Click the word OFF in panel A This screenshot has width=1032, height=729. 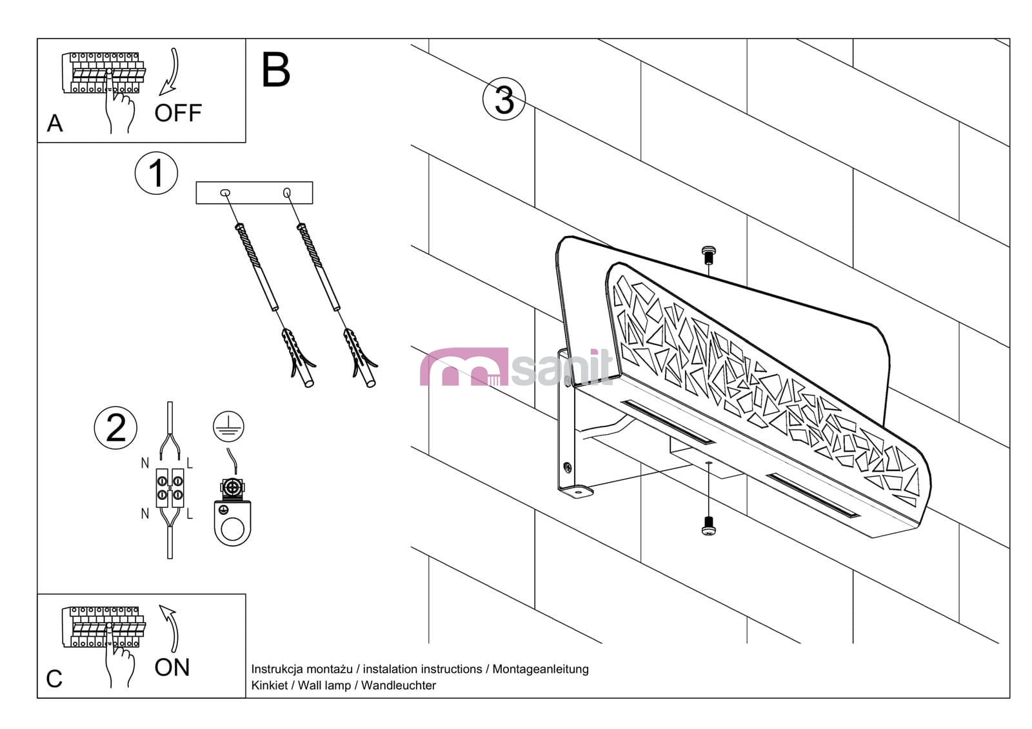pyautogui.click(x=178, y=113)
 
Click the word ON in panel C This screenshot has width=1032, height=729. pyautogui.click(x=172, y=667)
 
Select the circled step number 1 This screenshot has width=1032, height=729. pyautogui.click(x=156, y=173)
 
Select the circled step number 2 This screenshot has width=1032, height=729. pyautogui.click(x=116, y=428)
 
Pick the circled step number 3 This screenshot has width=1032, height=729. pyautogui.click(x=504, y=100)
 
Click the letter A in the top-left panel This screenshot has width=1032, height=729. pyautogui.click(x=55, y=123)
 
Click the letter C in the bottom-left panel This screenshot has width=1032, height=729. pyautogui.click(x=54, y=679)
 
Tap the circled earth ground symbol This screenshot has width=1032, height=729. pyautogui.click(x=229, y=426)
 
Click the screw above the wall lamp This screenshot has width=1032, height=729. pyautogui.click(x=708, y=255)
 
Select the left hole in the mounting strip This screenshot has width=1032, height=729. pyautogui.click(x=224, y=192)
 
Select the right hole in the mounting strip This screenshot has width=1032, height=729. pyautogui.click(x=286, y=192)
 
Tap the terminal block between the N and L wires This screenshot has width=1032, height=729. pyautogui.click(x=170, y=488)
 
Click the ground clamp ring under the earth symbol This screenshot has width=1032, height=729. pyautogui.click(x=232, y=523)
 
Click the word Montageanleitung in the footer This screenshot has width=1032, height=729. pyautogui.click(x=541, y=669)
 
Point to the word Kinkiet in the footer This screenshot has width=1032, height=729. pyautogui.click(x=269, y=685)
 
